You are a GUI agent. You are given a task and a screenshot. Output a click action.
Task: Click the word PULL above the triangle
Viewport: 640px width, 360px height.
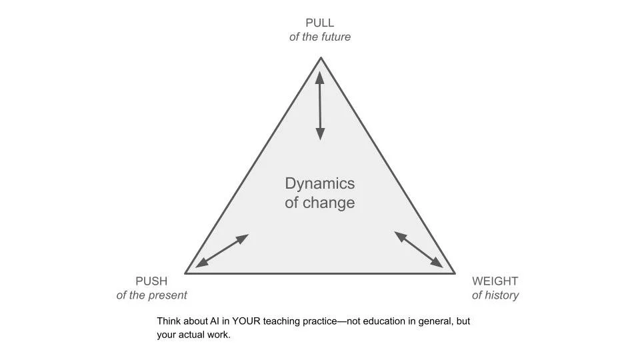320,23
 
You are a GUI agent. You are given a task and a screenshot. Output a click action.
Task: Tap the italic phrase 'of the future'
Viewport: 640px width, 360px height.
320,37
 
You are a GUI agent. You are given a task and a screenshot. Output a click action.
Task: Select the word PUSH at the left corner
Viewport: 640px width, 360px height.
151,281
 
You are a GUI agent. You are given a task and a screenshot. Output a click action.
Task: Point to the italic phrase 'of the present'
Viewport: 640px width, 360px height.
151,295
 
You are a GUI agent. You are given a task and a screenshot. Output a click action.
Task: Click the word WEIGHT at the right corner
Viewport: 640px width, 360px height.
495,281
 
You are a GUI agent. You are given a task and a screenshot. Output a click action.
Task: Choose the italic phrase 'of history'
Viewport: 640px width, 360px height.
495,295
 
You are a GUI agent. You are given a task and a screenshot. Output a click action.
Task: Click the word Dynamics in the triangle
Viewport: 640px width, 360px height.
320,183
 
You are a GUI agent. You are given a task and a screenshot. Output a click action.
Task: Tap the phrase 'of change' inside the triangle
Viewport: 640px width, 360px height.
320,203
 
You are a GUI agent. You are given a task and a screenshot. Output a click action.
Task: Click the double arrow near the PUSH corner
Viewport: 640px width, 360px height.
222,251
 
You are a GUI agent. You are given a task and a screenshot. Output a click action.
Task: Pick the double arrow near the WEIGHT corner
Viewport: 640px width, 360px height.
419,249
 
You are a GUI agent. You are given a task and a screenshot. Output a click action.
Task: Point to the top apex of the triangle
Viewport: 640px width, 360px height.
321,58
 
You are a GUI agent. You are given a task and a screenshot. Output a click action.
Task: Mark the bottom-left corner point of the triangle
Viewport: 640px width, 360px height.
185,273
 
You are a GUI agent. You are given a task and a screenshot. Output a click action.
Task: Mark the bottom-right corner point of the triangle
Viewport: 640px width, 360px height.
455,273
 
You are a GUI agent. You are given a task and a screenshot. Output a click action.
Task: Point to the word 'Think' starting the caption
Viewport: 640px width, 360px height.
169,321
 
